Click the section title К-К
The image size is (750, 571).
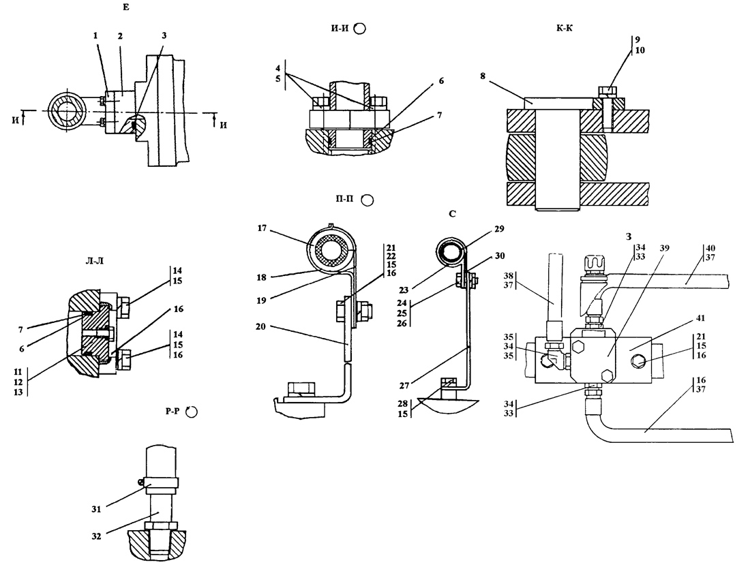pyautogui.click(x=565, y=28)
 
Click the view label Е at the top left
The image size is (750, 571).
pyautogui.click(x=126, y=7)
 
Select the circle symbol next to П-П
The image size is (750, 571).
pyautogui.click(x=367, y=200)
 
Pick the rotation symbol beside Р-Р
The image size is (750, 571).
pyautogui.click(x=192, y=412)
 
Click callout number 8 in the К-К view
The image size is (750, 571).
pyautogui.click(x=483, y=76)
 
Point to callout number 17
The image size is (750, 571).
pyautogui.click(x=262, y=228)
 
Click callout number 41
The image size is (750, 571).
pyautogui.click(x=701, y=318)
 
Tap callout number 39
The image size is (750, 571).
pyautogui.click(x=664, y=248)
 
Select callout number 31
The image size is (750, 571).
pyautogui.click(x=97, y=510)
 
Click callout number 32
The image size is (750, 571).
pyautogui.click(x=97, y=536)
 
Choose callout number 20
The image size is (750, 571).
pyautogui.click(x=260, y=327)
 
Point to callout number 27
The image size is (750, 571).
pyautogui.click(x=406, y=385)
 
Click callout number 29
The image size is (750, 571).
pyautogui.click(x=499, y=229)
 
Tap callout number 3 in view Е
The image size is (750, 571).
pyautogui.click(x=164, y=35)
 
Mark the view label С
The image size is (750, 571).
pyautogui.click(x=453, y=214)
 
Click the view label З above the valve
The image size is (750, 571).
pyautogui.click(x=629, y=236)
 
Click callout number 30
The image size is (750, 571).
pyautogui.click(x=500, y=256)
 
